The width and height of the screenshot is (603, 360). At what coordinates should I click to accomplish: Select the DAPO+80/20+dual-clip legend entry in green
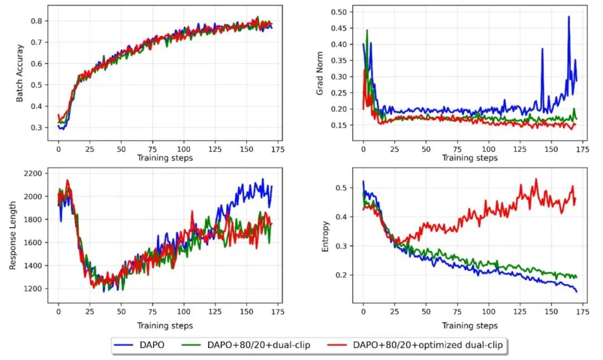click(246, 345)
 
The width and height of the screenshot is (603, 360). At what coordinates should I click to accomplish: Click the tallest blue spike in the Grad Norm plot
click(568, 17)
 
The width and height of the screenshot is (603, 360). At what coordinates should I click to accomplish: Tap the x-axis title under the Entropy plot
click(470, 325)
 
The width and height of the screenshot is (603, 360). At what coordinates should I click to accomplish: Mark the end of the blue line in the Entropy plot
click(576, 291)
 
